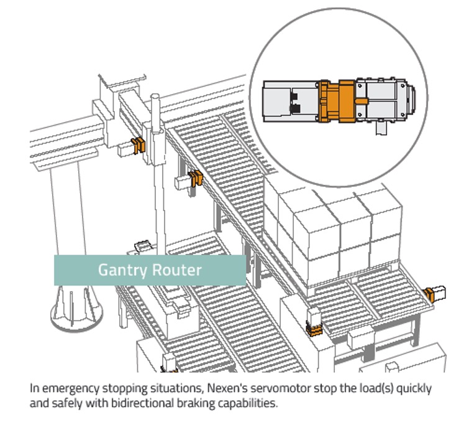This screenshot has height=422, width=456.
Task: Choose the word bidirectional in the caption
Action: click(127, 402)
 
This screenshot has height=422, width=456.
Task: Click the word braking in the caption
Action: click(189, 402)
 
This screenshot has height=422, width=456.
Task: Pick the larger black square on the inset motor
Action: click(296, 108)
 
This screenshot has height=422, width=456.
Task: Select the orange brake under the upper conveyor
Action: click(196, 178)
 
